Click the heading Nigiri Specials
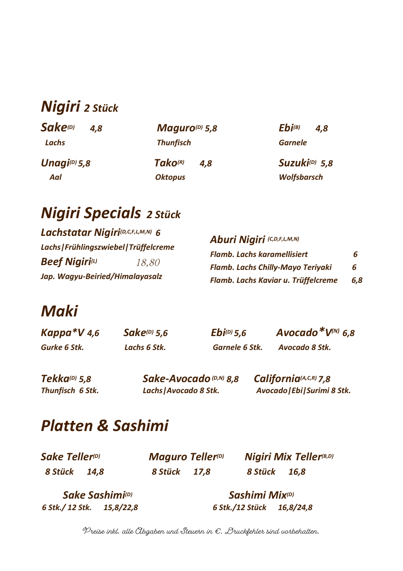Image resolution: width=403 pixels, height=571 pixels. point(91,212)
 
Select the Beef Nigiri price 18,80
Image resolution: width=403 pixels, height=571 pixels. point(148,263)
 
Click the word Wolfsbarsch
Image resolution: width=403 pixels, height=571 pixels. point(300,177)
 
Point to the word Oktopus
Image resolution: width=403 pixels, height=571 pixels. point(170,177)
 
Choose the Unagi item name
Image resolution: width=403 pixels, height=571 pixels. point(55,163)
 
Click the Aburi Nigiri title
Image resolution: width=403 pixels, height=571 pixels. point(237,239)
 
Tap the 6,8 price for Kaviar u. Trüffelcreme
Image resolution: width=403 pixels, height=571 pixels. point(356,280)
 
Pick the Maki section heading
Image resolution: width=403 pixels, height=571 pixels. point(59,311)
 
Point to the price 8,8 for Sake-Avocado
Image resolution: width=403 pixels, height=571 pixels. point(233,380)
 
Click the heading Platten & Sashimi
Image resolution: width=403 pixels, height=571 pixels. point(105,426)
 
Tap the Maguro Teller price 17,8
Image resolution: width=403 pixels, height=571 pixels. point(201,472)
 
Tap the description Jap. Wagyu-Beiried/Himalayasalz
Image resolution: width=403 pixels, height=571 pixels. point(101,277)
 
